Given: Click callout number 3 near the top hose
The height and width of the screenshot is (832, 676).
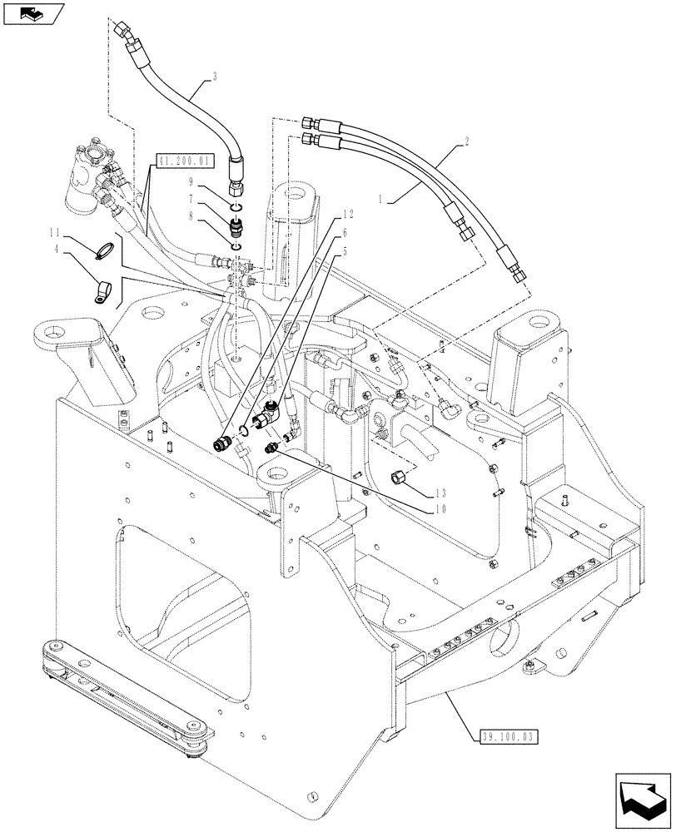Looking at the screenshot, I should pyautogui.click(x=215, y=77).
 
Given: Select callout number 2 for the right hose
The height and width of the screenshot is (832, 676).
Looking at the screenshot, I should pyautogui.click(x=469, y=143).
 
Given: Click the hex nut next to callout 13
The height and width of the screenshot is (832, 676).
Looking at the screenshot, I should pyautogui.click(x=399, y=478).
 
